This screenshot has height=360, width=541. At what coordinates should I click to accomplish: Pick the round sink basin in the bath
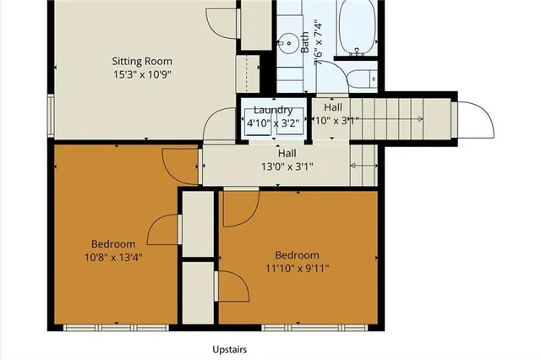pos(287,40)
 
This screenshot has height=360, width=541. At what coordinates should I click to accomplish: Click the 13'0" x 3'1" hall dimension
pos(287,166)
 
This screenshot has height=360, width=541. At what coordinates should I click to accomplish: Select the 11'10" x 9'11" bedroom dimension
pos(298,269)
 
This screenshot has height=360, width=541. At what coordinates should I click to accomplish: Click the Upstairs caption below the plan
pos(230,349)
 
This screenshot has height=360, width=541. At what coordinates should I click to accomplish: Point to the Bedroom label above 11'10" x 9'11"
pos(298,256)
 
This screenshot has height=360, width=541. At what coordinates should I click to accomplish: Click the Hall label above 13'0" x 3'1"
pos(287,154)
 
